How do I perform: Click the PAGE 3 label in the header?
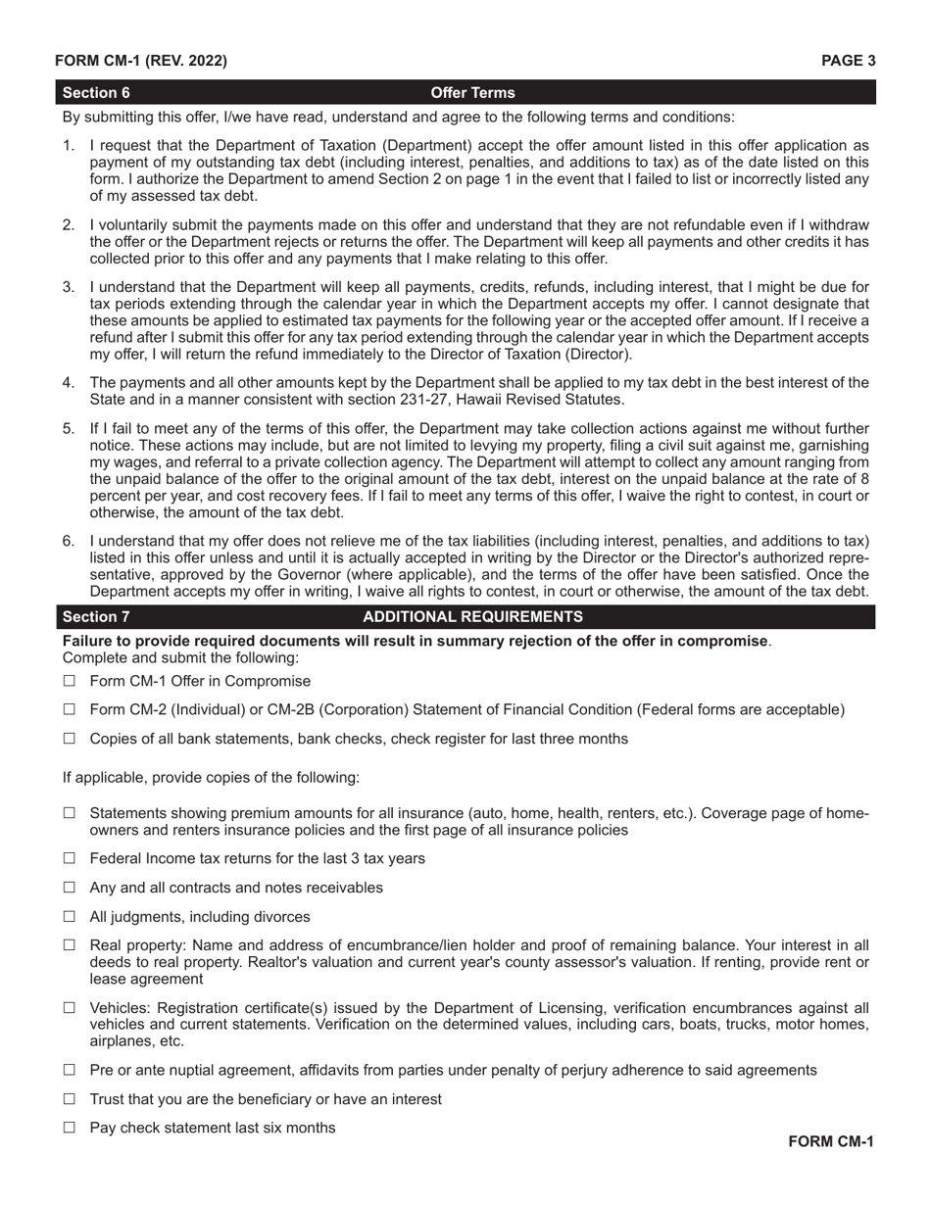coord(848,61)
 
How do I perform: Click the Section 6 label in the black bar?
coord(96,93)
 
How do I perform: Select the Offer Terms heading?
coord(472,93)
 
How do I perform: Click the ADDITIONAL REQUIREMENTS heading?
coord(472,617)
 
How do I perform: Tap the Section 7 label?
coord(96,617)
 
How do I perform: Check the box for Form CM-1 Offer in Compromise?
coord(69,681)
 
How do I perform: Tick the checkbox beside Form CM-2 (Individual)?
coord(69,710)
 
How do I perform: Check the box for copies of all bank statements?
coord(69,740)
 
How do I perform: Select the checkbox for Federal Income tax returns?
coord(69,859)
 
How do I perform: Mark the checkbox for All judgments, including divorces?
coord(69,918)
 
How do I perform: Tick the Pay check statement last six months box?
coord(69,1129)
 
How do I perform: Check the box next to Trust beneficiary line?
coord(69,1100)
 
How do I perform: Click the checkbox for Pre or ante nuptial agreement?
coord(69,1071)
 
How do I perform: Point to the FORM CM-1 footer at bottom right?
coord(830,1141)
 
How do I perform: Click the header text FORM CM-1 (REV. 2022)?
coord(140,61)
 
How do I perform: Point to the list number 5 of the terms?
coord(68,429)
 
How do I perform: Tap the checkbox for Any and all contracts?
coord(69,889)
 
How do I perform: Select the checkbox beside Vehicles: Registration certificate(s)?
coord(69,1008)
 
